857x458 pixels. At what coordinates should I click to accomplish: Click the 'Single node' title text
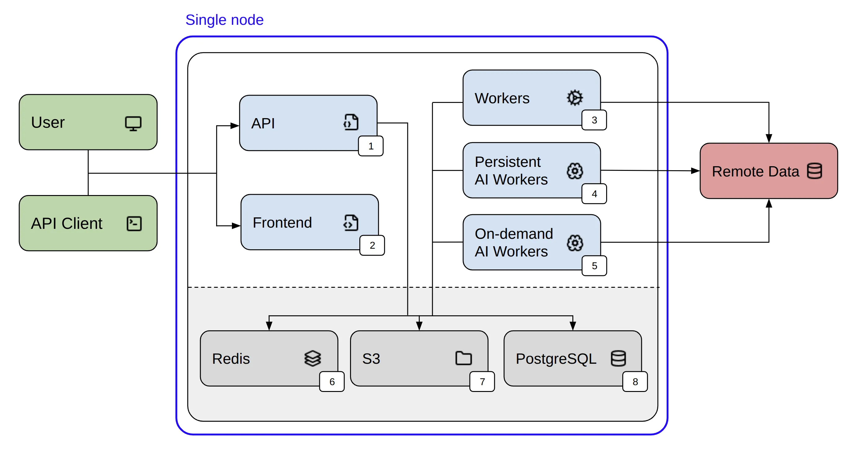[x=224, y=20]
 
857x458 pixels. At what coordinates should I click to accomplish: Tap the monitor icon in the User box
[x=133, y=123]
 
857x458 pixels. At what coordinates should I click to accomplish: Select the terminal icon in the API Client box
[x=134, y=224]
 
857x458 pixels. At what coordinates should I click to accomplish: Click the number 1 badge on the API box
[x=371, y=146]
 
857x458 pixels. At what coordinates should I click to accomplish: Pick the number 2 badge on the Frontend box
[x=372, y=246]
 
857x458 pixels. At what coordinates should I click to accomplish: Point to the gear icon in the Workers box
[x=575, y=98]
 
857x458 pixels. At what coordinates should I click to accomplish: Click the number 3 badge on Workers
[x=594, y=120]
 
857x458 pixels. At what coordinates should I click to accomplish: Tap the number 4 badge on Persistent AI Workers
[x=594, y=194]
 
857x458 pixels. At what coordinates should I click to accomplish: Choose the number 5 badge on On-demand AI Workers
[x=594, y=266]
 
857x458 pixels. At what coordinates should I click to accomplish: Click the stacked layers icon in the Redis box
[x=313, y=358]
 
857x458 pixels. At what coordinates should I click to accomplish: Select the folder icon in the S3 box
[x=463, y=358]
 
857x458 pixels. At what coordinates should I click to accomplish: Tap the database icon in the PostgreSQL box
[x=618, y=358]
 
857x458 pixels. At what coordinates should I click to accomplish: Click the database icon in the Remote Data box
[x=815, y=171]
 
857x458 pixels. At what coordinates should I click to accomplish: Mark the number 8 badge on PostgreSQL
[x=635, y=382]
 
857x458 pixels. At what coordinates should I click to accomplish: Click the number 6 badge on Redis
[x=332, y=382]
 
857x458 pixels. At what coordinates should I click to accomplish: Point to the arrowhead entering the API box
[x=235, y=126]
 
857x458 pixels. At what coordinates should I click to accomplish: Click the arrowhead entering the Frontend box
[x=236, y=226]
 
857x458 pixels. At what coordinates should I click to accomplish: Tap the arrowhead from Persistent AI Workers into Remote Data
[x=695, y=171]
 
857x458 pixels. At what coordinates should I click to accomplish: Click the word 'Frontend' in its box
[x=282, y=223]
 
